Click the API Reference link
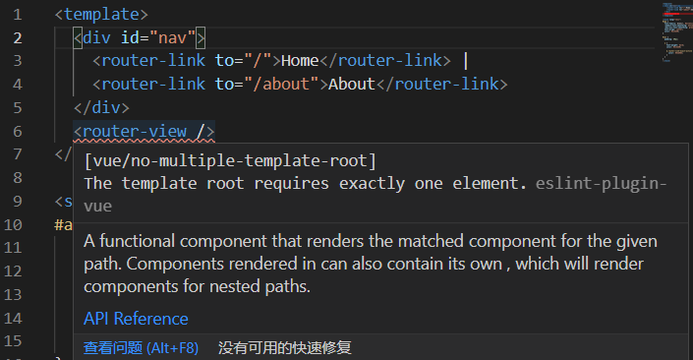point(136,319)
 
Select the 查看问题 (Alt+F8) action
point(141,347)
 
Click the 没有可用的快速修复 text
point(285,347)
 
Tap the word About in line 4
point(352,85)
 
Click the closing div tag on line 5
point(101,108)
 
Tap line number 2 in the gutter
point(19,38)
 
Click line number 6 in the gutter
point(19,131)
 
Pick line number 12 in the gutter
point(14,271)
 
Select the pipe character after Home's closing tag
point(465,61)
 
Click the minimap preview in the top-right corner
point(675,30)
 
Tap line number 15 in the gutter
point(14,340)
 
